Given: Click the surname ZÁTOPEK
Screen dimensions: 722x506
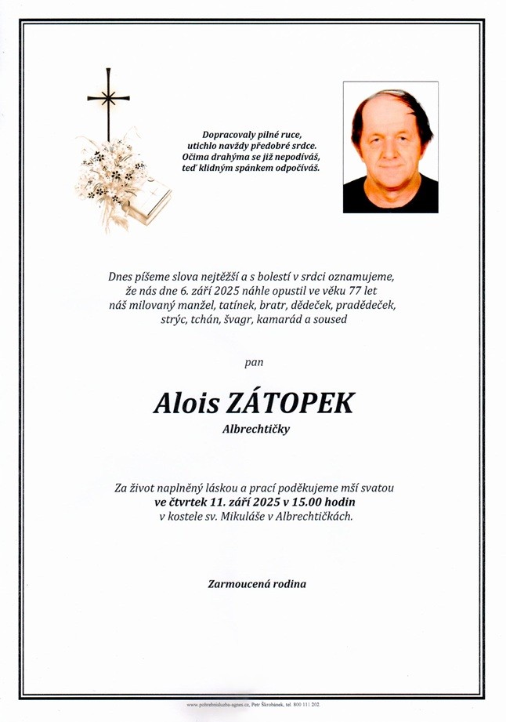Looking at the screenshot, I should coord(289,403).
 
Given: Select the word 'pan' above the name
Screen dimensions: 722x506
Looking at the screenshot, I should coord(254,362).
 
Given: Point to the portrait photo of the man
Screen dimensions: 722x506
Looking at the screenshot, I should coord(390,147).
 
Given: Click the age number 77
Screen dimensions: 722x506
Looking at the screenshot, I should coord(360,290).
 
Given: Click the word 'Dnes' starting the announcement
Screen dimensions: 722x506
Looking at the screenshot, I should coord(123,275).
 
